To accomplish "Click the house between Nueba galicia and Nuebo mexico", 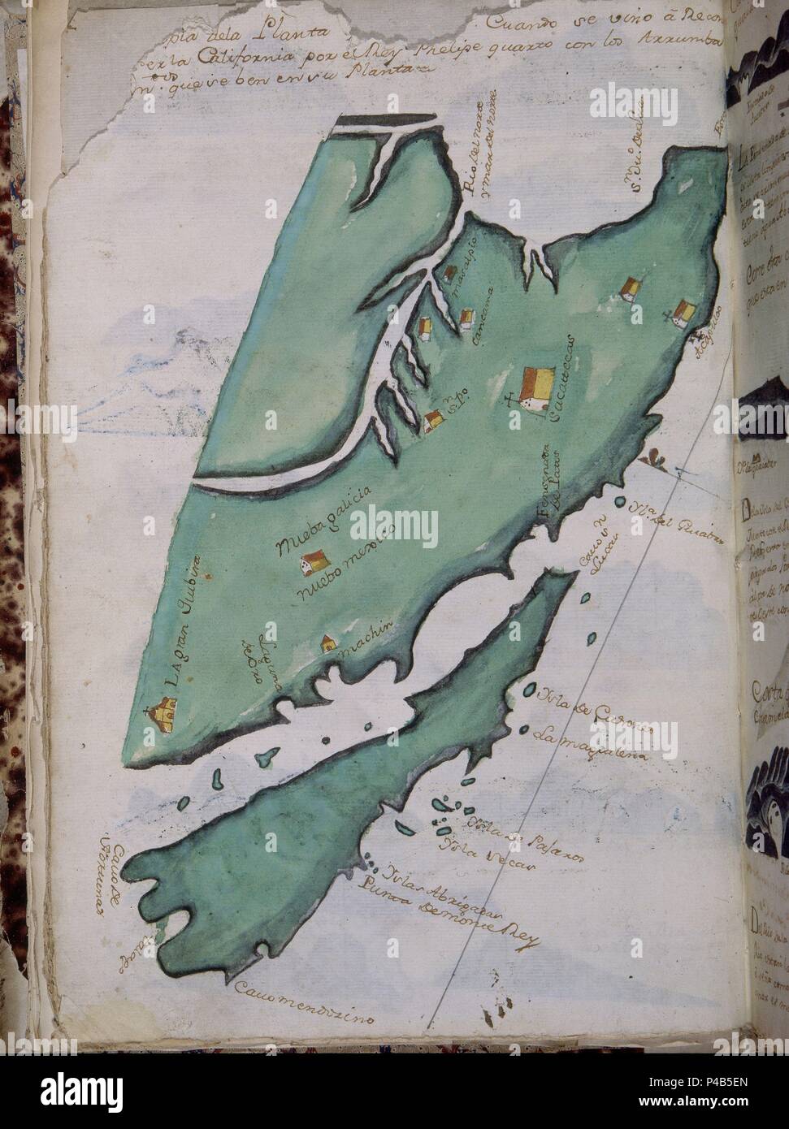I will pyautogui.click(x=314, y=561).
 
